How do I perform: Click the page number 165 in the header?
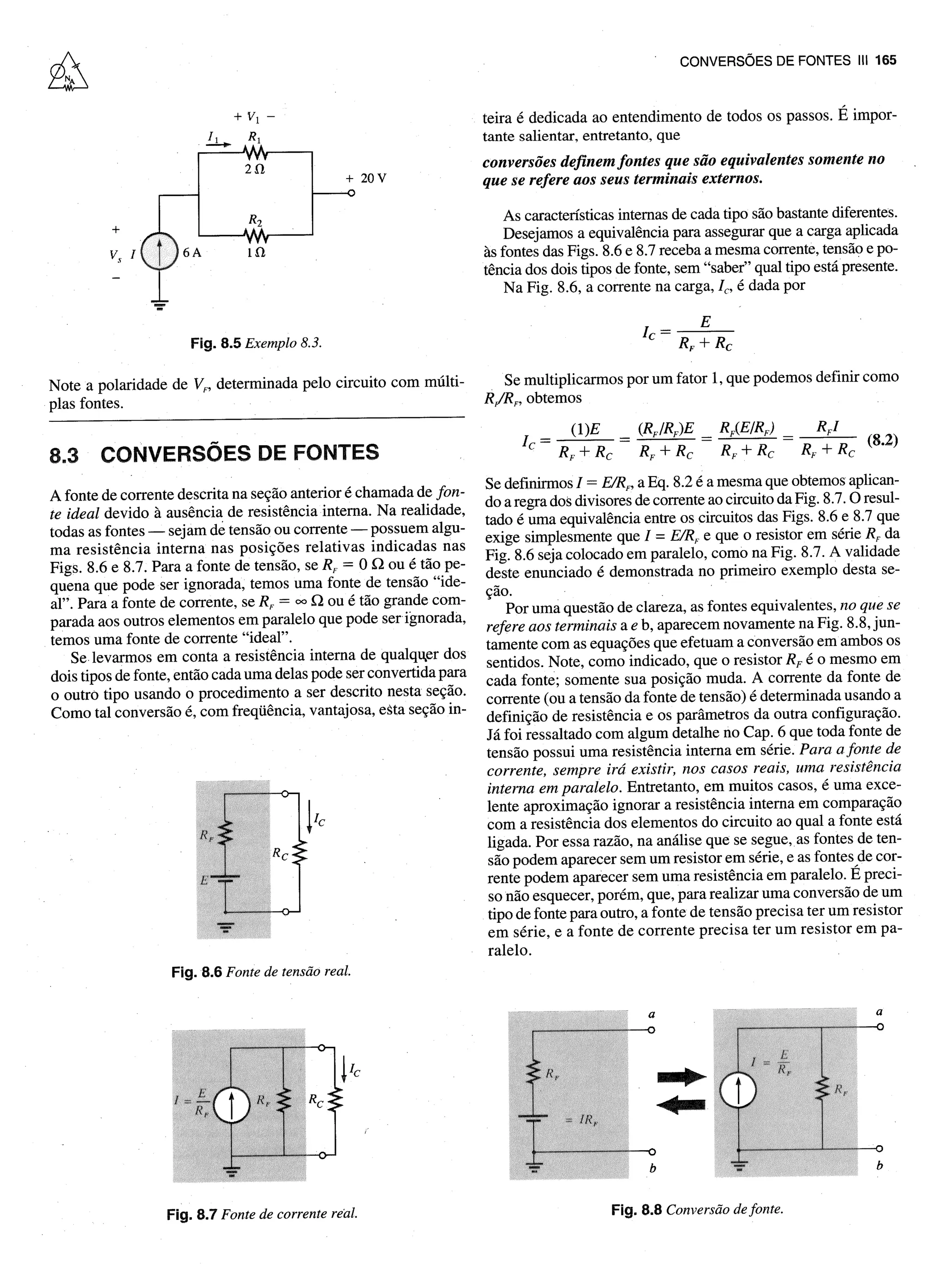click(x=885, y=60)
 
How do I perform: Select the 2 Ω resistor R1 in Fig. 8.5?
click(x=255, y=153)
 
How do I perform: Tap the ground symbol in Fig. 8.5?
click(x=160, y=304)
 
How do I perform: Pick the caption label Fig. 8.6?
click(x=196, y=972)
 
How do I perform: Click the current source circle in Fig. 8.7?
click(x=232, y=1105)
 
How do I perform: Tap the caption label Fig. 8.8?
click(x=636, y=1209)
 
